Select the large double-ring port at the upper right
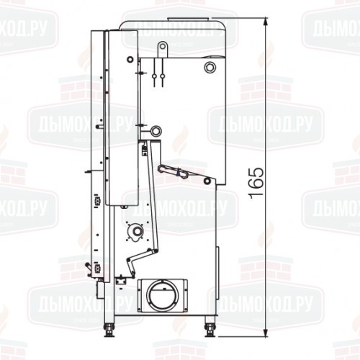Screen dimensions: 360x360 point(209,67)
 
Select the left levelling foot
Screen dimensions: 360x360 point(110,331)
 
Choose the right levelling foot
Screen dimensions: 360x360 point(210,331)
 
